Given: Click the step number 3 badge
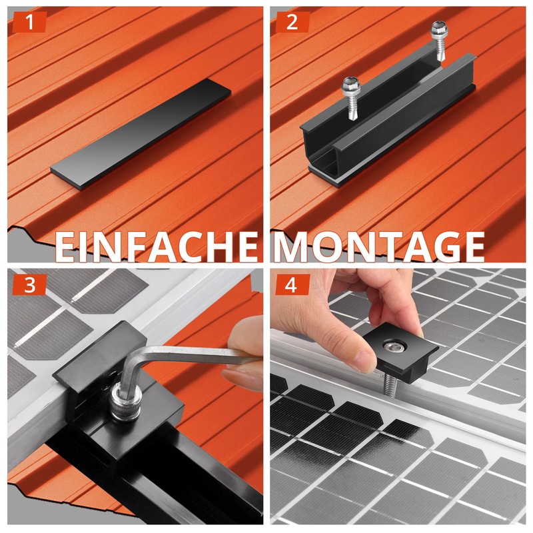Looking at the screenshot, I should tap(29, 284).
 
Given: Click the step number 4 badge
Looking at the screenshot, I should tap(292, 284).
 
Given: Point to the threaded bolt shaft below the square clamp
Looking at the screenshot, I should tap(390, 386).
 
